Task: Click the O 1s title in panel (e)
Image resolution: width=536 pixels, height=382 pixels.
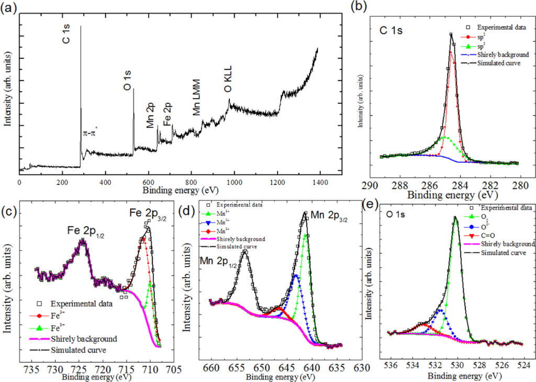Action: click(x=392, y=211)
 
